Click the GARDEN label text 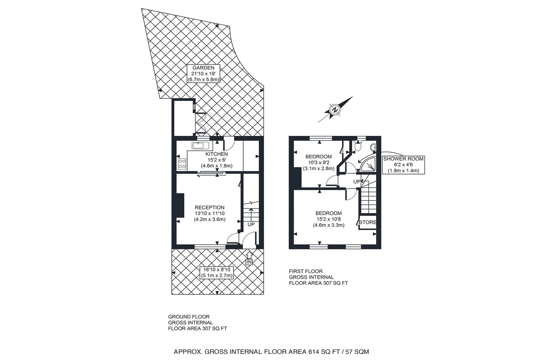(x=203, y=68)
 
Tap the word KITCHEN (x=216, y=154)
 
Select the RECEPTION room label (x=209, y=207)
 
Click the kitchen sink (x=201, y=146)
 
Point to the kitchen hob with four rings (x=182, y=164)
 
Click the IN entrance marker (x=249, y=262)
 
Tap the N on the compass (x=335, y=110)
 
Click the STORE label (x=368, y=222)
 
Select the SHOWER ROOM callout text (x=403, y=159)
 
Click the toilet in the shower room (x=358, y=146)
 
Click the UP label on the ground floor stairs (x=251, y=224)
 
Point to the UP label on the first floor (x=357, y=182)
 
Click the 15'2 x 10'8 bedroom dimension (x=329, y=219)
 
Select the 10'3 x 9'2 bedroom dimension (x=319, y=163)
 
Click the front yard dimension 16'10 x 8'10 (x=217, y=270)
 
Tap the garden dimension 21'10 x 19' (x=203, y=74)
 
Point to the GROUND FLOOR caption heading (x=189, y=317)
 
